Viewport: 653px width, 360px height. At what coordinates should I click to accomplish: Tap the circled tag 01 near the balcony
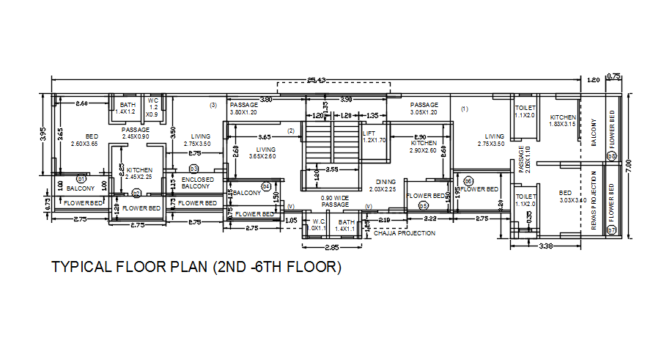(82, 179)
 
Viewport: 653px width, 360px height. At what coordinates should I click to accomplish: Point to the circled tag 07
(612, 231)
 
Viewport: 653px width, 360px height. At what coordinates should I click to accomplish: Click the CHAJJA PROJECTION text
(405, 233)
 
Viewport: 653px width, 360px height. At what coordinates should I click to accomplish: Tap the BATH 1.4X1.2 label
(128, 109)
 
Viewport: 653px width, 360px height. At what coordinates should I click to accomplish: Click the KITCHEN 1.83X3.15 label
(563, 120)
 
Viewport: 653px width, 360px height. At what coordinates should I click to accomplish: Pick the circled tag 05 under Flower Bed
(423, 207)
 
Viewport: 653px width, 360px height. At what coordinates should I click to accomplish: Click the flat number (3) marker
(213, 106)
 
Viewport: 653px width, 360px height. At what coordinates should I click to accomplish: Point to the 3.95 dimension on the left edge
(43, 134)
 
